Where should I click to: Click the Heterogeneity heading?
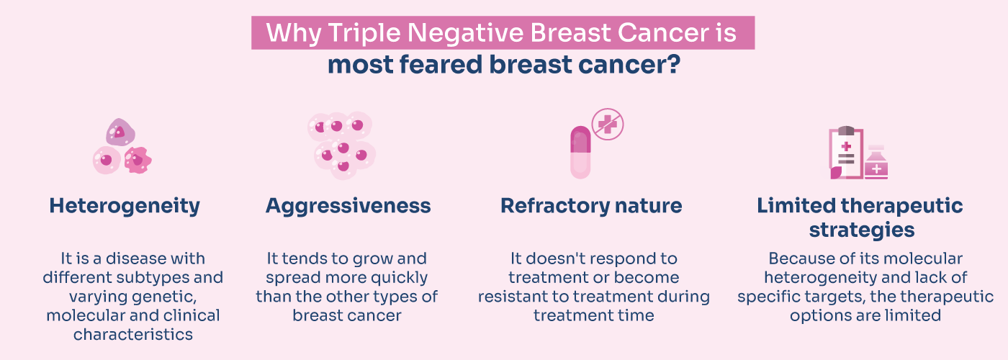(125, 206)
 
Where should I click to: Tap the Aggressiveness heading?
(348, 206)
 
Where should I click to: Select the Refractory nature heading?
(591, 206)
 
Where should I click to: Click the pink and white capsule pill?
(580, 152)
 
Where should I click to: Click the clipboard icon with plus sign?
(846, 152)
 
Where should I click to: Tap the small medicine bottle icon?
(876, 163)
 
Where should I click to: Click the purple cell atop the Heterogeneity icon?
(120, 132)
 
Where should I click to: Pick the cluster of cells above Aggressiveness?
(343, 144)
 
